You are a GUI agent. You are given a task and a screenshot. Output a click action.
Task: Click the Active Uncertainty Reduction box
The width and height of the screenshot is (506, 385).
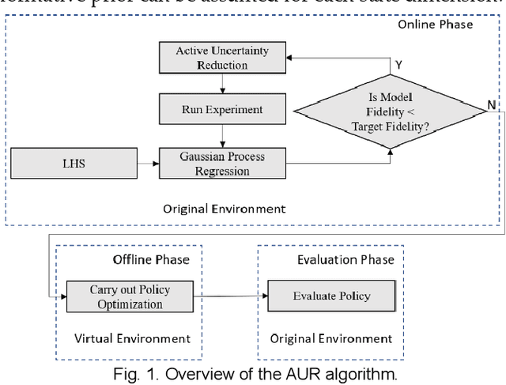click(x=221, y=58)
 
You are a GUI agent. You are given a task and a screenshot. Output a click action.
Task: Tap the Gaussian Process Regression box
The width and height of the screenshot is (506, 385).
click(x=221, y=163)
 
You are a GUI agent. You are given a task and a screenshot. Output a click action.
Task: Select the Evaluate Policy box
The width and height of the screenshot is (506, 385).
click(x=331, y=296)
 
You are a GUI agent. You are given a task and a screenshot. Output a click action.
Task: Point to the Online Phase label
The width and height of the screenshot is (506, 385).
click(x=435, y=25)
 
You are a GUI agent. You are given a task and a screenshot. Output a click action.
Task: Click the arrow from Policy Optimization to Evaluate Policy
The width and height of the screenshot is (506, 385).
click(x=231, y=296)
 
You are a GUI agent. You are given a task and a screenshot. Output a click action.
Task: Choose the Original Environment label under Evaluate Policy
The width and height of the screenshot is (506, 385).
click(x=331, y=338)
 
